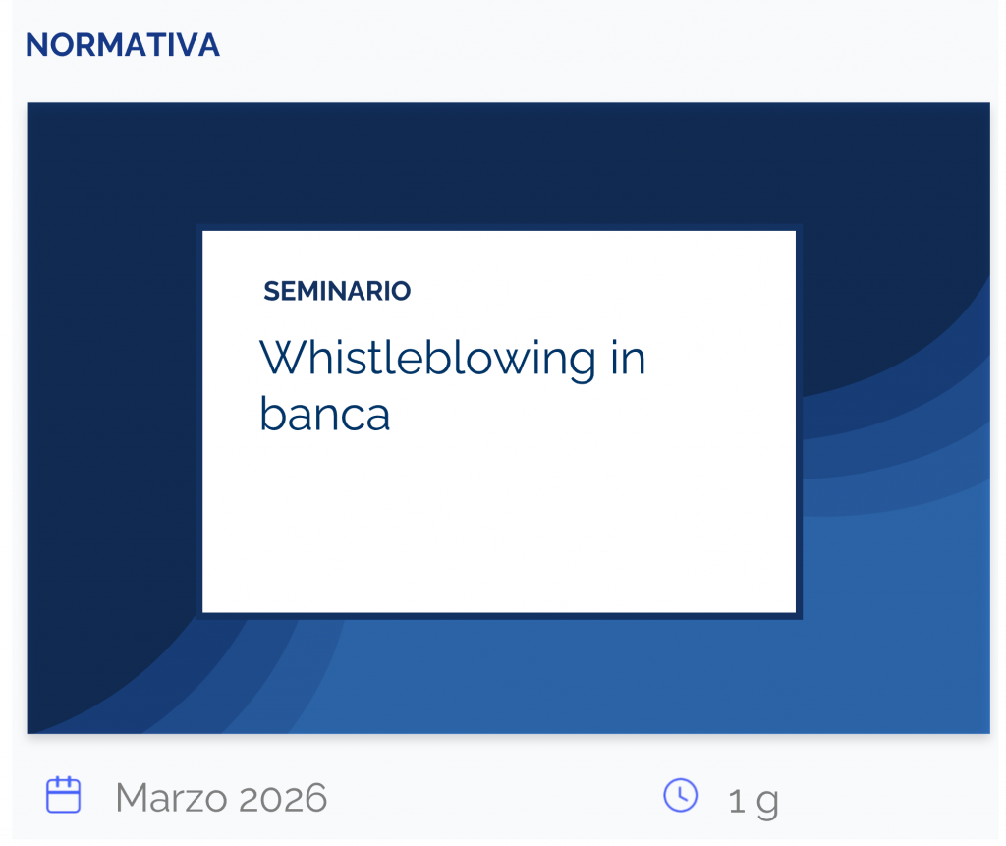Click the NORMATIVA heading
122,45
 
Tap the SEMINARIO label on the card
337,291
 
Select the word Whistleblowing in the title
427,359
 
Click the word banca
324,415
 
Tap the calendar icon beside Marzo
64,795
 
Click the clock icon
681,795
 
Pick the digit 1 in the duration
737,802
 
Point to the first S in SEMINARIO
271,291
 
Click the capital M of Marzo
131,798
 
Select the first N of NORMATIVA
35,45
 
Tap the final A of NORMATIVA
208,45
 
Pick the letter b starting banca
271,413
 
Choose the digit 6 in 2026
315,798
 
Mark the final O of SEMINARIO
401,291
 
